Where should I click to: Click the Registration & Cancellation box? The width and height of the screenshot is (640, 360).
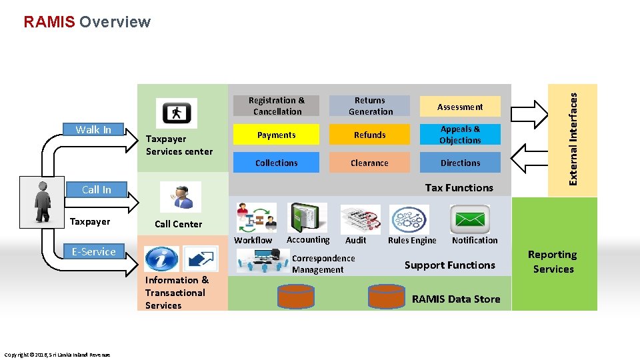click(276, 106)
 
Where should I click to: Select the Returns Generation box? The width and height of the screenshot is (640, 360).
click(370, 106)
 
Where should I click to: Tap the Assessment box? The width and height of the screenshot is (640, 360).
click(460, 107)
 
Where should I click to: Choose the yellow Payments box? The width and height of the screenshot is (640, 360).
click(276, 135)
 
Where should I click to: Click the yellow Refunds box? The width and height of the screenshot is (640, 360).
click(370, 135)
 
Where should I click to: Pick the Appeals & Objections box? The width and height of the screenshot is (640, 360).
click(460, 135)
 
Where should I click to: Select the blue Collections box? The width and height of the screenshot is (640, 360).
click(276, 163)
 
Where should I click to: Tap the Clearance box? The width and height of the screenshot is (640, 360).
click(370, 163)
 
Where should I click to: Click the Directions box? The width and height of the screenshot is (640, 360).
click(460, 163)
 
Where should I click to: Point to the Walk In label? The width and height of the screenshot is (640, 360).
click(93, 130)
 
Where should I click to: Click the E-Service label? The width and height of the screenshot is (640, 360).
click(94, 251)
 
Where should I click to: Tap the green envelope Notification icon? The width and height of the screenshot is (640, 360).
click(470, 219)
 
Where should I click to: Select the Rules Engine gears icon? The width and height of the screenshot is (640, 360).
click(409, 219)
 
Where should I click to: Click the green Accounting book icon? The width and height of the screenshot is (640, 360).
click(307, 218)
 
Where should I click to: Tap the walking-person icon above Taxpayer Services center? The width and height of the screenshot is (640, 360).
click(176, 113)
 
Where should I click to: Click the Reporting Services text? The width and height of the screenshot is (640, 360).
click(553, 262)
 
